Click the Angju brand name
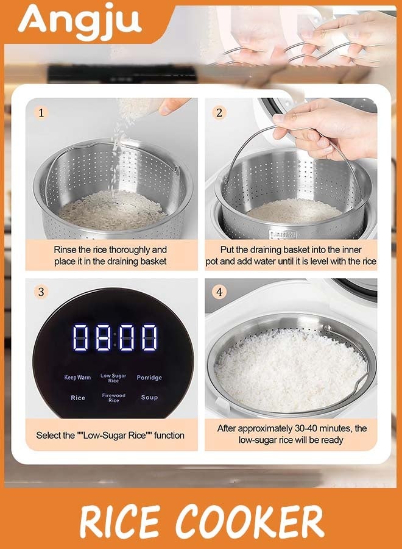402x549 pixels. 80,22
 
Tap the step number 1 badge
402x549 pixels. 41,113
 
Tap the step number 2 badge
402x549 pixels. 219,113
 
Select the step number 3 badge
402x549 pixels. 41,292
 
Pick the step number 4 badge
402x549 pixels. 219,292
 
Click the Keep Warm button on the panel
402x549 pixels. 77,378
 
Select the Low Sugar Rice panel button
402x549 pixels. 113,378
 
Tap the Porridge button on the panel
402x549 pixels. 149,378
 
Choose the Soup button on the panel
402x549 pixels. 149,397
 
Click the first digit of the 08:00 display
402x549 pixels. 80,337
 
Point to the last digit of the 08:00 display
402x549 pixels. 149,337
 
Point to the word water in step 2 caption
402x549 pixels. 265,262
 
